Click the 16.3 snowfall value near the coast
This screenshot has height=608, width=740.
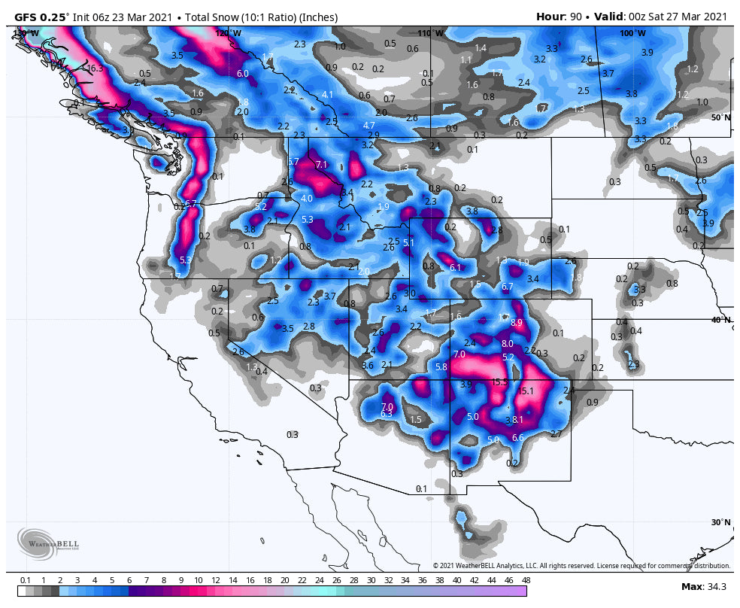pyautogui.click(x=95, y=68)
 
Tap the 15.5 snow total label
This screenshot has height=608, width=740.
pyautogui.click(x=499, y=382)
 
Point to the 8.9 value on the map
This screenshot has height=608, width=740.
pyautogui.click(x=517, y=322)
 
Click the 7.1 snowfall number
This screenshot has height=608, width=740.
pyautogui.click(x=322, y=164)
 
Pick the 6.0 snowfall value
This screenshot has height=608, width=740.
pyautogui.click(x=242, y=74)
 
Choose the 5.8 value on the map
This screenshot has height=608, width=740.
pyautogui.click(x=441, y=367)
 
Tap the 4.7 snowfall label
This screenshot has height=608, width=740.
pyautogui.click(x=368, y=125)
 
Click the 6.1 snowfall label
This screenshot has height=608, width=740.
pyautogui.click(x=455, y=268)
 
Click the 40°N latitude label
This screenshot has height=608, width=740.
pyautogui.click(x=720, y=320)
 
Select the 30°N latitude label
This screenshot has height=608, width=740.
pyautogui.click(x=720, y=522)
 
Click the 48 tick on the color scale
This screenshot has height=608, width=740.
pyautogui.click(x=526, y=580)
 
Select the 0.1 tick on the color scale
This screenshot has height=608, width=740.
pyautogui.click(x=26, y=580)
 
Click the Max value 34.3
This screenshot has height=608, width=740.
pyautogui.click(x=714, y=586)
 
